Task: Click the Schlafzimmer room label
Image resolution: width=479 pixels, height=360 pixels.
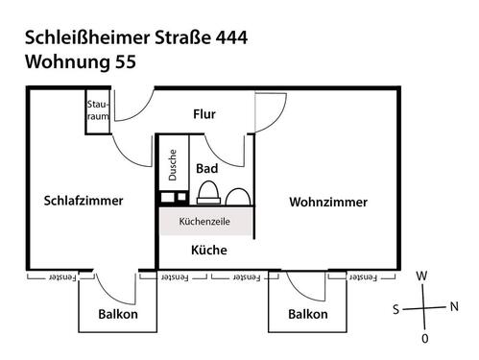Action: [x=84, y=201]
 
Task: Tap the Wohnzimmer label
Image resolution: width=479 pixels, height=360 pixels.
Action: [x=328, y=203]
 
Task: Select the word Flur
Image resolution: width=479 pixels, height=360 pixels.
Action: [x=204, y=114]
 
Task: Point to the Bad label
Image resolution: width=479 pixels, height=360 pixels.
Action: [x=207, y=168]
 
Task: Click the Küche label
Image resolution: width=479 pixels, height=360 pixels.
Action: [x=209, y=250]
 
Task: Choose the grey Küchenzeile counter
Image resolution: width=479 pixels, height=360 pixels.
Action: [x=206, y=221]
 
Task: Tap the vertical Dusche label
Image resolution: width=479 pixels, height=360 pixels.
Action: [x=173, y=165]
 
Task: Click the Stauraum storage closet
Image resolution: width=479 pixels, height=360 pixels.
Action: [x=98, y=111]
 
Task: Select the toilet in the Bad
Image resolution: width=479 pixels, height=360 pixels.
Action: [x=208, y=193]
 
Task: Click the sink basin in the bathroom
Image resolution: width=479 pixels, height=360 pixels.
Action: [x=238, y=197]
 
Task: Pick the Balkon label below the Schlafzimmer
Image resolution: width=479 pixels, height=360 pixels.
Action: [x=118, y=314]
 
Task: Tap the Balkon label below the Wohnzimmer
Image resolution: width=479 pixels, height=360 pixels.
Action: [x=308, y=314]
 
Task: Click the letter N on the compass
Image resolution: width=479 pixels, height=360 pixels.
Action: [x=454, y=306]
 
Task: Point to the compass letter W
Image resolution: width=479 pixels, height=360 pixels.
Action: [x=421, y=276]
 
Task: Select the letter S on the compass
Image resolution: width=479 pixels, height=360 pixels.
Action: [x=396, y=309]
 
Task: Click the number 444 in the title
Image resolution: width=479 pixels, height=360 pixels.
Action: [x=231, y=37]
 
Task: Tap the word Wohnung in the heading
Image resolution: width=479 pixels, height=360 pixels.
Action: [x=67, y=61]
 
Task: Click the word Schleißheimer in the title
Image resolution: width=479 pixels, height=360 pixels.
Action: [x=87, y=37]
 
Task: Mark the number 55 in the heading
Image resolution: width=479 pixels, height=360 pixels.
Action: [x=126, y=61]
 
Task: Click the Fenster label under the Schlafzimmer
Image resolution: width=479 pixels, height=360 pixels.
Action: [x=62, y=277]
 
